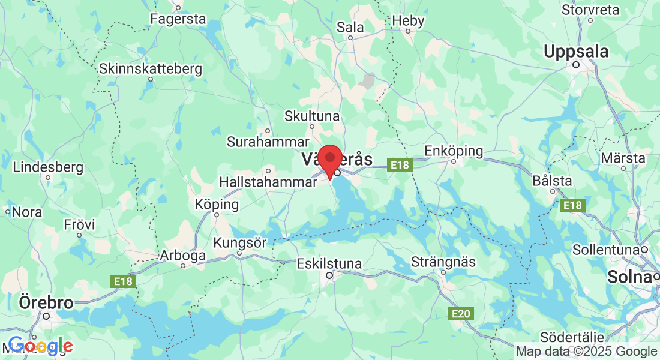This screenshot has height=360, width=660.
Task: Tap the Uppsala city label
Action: coord(576,52)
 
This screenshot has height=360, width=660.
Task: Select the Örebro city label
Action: coord(46,302)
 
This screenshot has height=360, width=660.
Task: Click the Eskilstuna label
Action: coord(329,263)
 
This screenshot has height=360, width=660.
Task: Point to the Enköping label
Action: coord(454,151)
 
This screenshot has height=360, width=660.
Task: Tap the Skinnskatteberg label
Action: coord(151,69)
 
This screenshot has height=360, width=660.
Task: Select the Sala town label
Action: coord(350,27)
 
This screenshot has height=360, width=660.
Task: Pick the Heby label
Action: coord(408,21)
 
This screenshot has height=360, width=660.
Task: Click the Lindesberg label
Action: coord(48,167)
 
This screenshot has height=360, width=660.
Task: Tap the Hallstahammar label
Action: coord(268,181)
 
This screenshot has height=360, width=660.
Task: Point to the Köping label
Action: coord(217,205)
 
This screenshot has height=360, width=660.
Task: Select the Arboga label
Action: coord(182,256)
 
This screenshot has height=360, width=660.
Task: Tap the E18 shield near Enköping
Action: coord(398,164)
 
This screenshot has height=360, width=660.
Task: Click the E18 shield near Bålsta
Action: coord(572,206)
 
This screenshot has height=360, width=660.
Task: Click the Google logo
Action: coord(40,346)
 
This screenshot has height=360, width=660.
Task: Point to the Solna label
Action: coord(629,277)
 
